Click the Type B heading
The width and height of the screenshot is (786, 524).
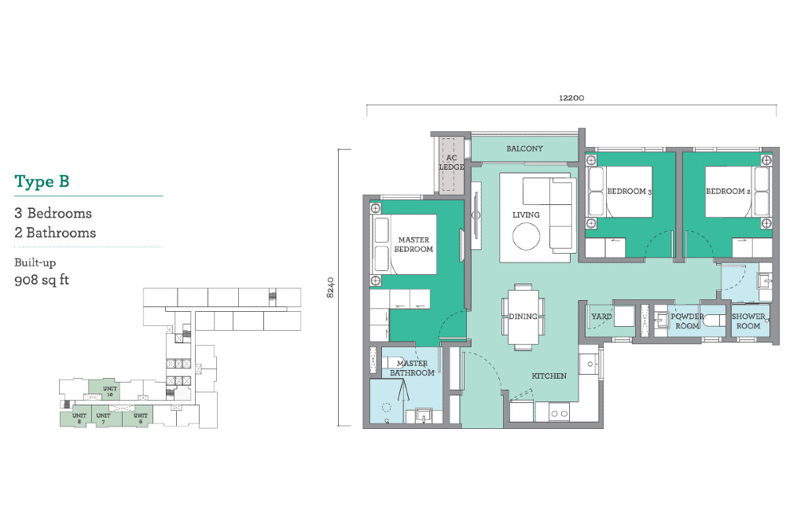[x=42, y=181]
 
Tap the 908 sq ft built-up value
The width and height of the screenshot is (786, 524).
[x=42, y=280]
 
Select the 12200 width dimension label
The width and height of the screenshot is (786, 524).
[x=571, y=97]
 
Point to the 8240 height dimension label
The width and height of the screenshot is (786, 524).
[x=330, y=288]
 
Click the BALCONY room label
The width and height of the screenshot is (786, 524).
[x=524, y=148]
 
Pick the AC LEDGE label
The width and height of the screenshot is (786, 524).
[x=452, y=163]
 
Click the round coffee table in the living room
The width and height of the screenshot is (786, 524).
[x=526, y=236]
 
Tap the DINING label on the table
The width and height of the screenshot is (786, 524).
[x=523, y=316]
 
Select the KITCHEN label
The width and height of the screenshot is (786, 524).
[x=549, y=376]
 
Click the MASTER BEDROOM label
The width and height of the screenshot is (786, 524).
[x=413, y=244]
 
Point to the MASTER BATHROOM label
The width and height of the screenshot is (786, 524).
[x=412, y=368]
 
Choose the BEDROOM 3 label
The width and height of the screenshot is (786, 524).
[x=629, y=192]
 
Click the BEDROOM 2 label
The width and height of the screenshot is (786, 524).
[x=728, y=192]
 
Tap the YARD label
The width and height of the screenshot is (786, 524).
[x=601, y=317]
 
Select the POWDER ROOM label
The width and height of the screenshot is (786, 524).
[x=687, y=321]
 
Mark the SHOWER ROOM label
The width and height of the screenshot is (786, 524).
[x=748, y=321]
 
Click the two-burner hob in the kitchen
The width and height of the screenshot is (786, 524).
[x=559, y=414]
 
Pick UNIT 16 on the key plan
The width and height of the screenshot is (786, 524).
[x=110, y=391]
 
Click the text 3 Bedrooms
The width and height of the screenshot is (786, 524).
[x=53, y=214]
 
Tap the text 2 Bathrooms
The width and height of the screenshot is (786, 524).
[x=55, y=233]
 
